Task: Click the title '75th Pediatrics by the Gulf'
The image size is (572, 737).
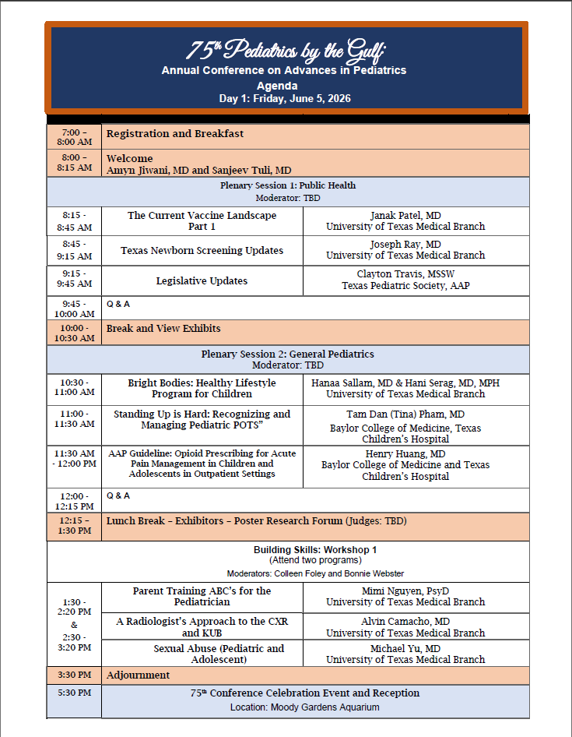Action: (x=285, y=51)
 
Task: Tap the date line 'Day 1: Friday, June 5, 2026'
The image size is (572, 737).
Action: (x=285, y=98)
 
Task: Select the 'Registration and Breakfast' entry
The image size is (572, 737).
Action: (x=175, y=134)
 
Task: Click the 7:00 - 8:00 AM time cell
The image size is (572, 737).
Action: (x=74, y=136)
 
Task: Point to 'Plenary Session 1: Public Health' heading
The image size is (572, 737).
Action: (x=288, y=185)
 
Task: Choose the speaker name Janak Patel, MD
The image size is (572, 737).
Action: (x=405, y=216)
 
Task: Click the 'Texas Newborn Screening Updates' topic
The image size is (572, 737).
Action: (x=202, y=251)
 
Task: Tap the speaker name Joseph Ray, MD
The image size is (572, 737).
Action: (x=405, y=245)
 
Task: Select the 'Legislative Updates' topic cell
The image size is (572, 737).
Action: (x=202, y=281)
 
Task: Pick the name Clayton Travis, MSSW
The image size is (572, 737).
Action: (x=405, y=275)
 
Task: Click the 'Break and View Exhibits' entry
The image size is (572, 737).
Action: (x=163, y=329)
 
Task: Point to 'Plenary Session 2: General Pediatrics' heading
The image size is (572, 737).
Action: (x=288, y=354)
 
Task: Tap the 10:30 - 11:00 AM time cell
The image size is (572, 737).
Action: (x=74, y=388)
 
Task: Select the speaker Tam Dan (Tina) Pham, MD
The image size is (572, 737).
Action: (x=405, y=414)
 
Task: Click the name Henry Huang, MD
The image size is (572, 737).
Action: (x=405, y=454)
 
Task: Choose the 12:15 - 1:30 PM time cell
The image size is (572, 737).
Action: (x=74, y=526)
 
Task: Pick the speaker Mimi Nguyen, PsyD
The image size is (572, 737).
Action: (x=405, y=591)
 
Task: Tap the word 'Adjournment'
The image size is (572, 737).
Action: (x=138, y=675)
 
